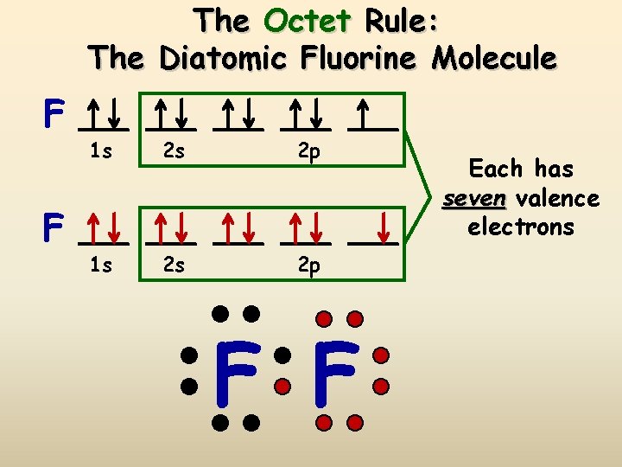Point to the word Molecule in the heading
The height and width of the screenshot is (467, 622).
494,58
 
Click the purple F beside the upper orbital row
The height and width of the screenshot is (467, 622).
54,113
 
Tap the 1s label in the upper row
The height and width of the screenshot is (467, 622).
101,152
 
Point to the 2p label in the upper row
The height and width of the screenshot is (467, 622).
308,152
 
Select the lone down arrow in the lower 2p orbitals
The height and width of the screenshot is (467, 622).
381,228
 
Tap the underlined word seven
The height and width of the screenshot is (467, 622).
474,199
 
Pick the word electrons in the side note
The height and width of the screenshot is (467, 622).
521,227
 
